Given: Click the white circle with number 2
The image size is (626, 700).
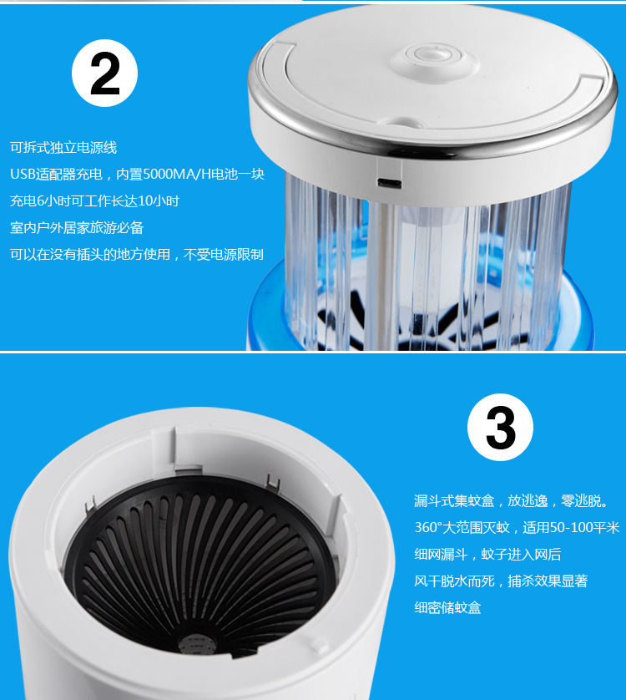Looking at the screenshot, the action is click(104, 73).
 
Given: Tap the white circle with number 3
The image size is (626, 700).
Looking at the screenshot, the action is click(500, 427).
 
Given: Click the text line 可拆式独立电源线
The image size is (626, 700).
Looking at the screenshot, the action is click(63, 147).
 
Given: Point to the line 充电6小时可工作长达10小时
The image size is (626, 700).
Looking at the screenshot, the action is click(94, 200).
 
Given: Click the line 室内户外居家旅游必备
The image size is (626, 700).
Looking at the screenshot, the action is click(77, 228).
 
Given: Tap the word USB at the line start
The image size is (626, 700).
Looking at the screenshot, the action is click(23, 174).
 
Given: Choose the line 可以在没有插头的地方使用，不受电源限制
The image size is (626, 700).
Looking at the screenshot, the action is click(137, 255).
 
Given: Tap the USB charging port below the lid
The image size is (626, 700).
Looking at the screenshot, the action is click(389, 183).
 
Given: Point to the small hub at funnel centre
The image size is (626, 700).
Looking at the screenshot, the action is click(197, 643).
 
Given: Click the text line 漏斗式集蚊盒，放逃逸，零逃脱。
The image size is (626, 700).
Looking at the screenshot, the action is click(512, 501).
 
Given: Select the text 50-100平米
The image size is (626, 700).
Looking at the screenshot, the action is click(584, 528).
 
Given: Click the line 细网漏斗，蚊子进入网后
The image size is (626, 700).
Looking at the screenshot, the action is click(487, 555).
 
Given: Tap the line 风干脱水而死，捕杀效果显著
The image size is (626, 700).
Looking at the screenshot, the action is click(501, 581).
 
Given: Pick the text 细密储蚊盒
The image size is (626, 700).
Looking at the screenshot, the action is click(447, 607).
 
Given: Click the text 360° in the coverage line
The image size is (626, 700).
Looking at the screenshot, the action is click(428, 528).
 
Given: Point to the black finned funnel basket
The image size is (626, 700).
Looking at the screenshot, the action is click(199, 565).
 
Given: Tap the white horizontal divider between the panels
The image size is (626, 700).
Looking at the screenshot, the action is click(313, 352).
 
